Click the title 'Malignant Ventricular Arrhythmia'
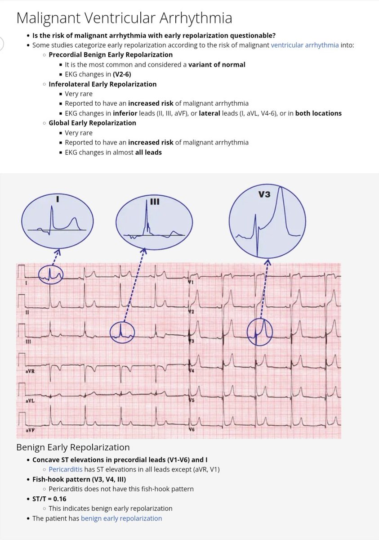[x=124, y=18]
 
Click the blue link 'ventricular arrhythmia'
[x=305, y=45]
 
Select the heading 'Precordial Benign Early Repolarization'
[x=111, y=54]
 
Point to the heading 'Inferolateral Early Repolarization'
[x=103, y=84]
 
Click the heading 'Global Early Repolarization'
[x=92, y=123]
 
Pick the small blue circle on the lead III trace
[x=122, y=333]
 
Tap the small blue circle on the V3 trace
[x=260, y=332]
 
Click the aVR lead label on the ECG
[x=31, y=371]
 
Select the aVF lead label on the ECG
[x=31, y=430]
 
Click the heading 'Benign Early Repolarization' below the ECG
[x=73, y=447]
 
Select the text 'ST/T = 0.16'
[x=49, y=499]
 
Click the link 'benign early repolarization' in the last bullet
[x=121, y=518]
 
